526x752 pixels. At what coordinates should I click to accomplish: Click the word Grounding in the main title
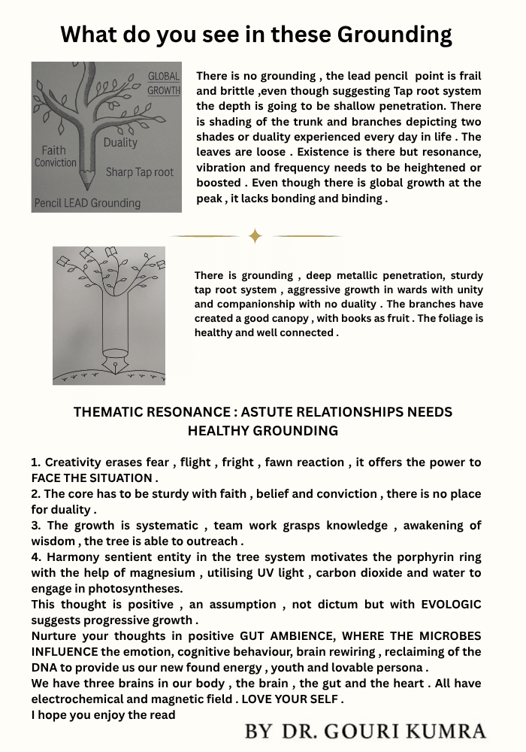[394, 35]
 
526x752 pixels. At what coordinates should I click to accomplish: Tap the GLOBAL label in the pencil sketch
[164, 76]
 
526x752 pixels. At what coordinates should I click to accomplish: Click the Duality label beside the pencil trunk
[120, 142]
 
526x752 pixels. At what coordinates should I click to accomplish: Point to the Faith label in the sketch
[54, 150]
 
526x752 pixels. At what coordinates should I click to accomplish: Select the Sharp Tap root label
[139, 172]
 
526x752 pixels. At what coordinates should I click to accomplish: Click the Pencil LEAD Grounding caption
[87, 203]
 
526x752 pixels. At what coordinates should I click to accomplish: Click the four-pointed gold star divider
[255, 236]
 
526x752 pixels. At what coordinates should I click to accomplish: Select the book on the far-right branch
[156, 256]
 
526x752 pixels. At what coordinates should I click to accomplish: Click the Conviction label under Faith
[56, 162]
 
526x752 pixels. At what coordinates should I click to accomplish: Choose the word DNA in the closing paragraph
[44, 668]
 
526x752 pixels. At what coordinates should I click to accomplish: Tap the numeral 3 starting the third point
[35, 526]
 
